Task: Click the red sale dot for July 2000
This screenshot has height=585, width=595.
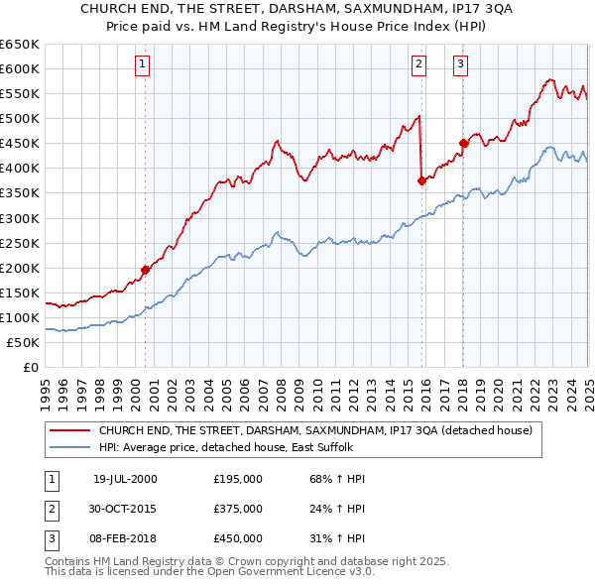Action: [145, 269]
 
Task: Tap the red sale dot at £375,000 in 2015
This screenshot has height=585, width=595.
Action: [421, 180]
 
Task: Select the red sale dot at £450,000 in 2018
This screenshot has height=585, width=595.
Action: [463, 143]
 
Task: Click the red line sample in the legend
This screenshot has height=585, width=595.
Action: [69, 430]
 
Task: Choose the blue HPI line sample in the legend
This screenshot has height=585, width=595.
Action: [69, 447]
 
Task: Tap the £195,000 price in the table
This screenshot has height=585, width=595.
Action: [238, 479]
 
